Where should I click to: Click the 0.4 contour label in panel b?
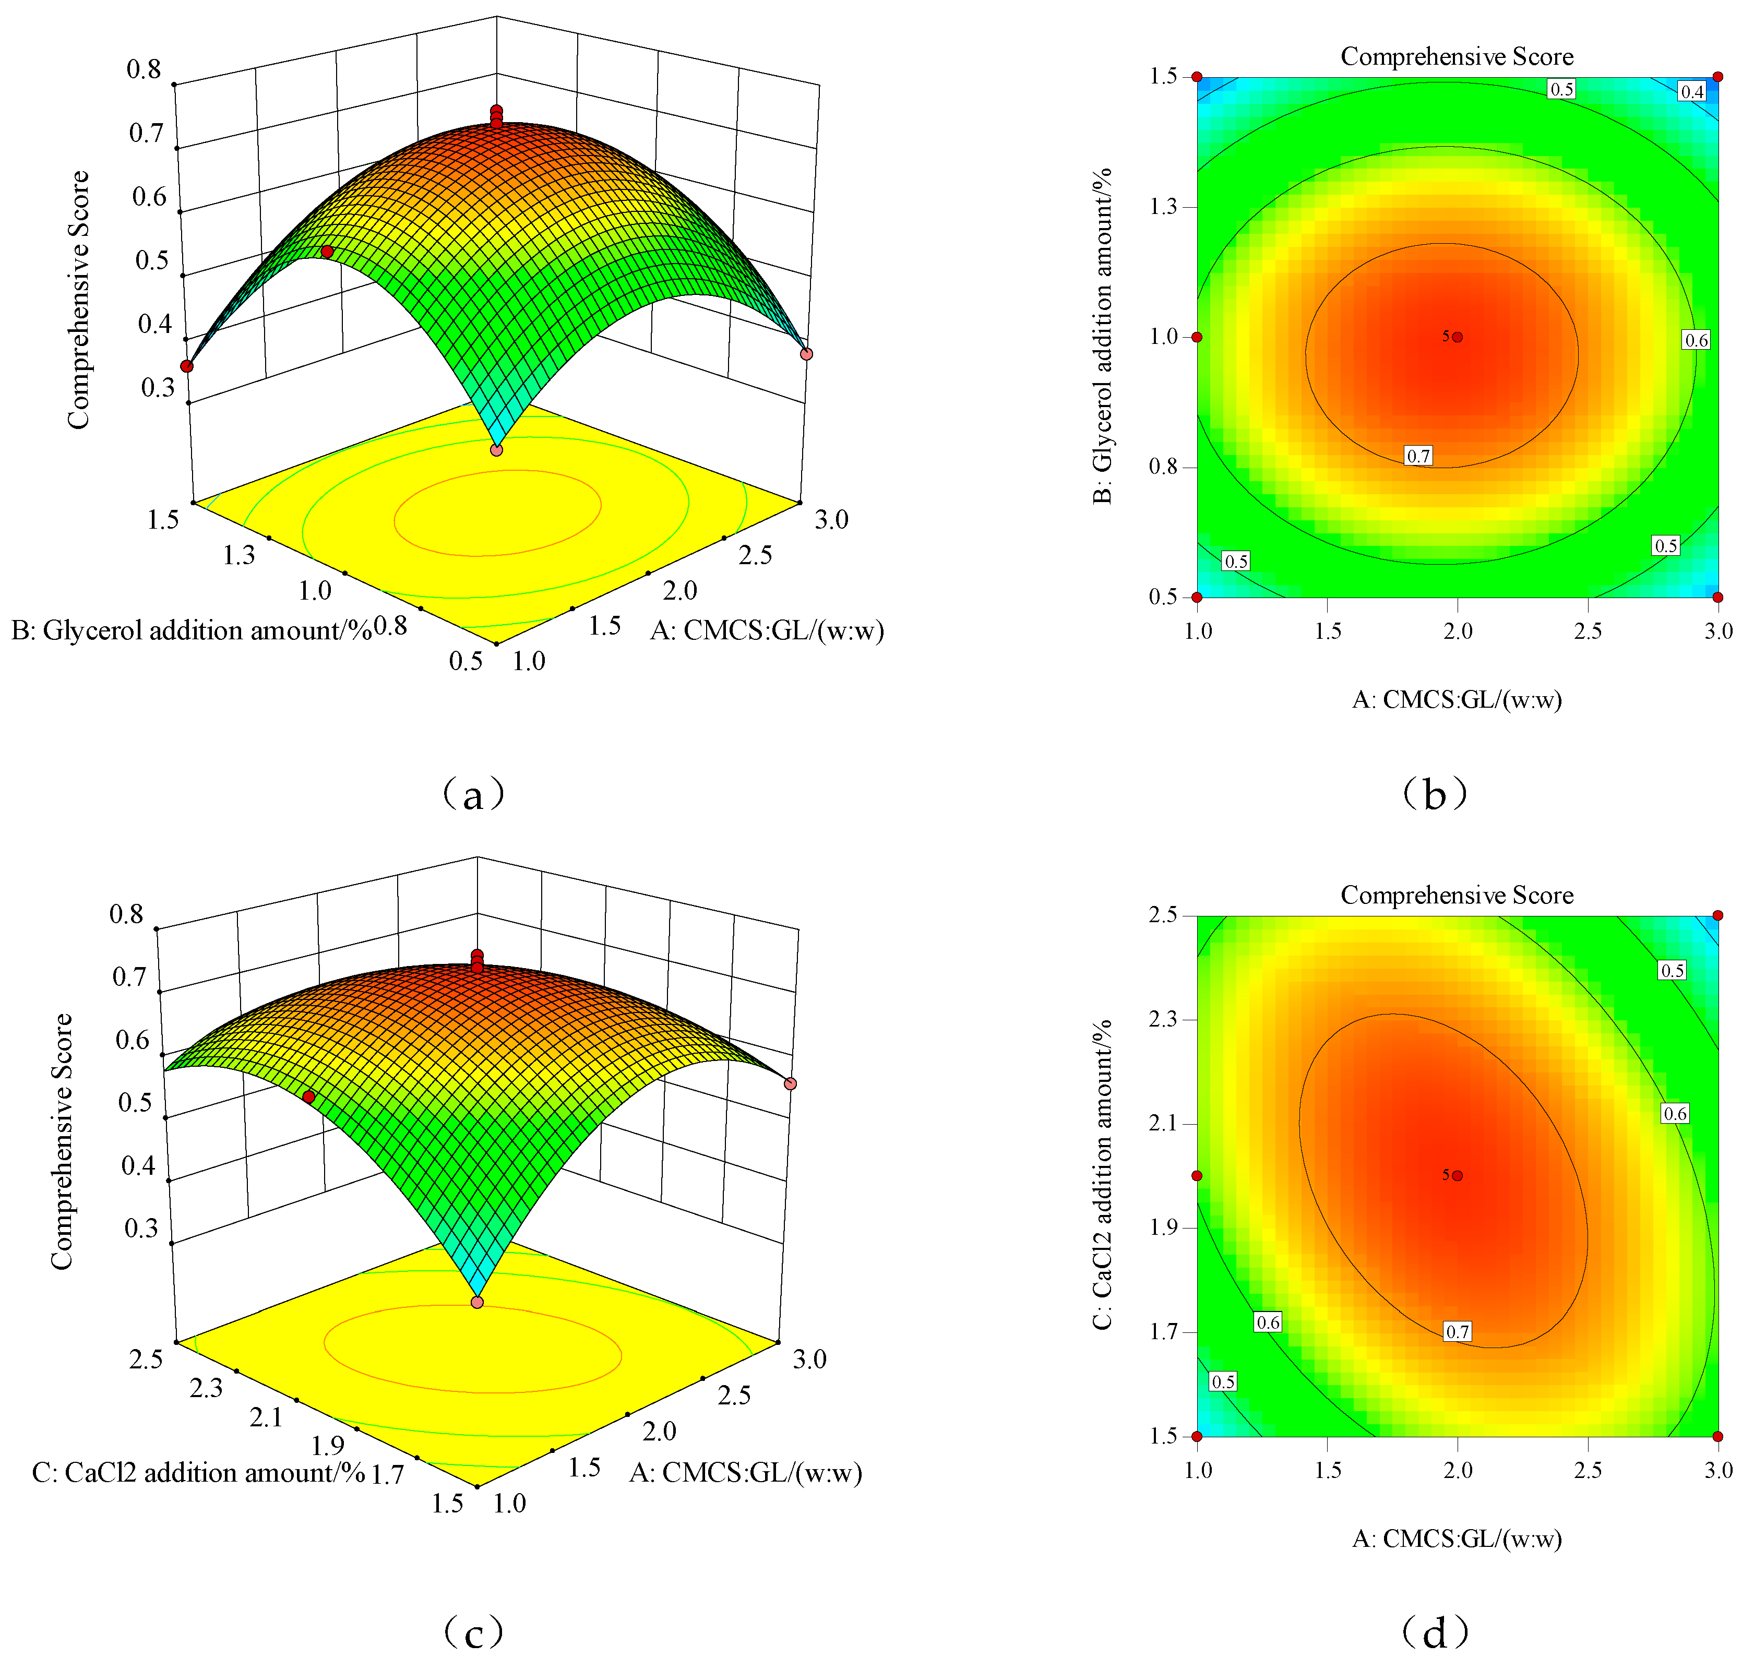[x=1691, y=91]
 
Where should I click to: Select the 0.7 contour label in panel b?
[x=1418, y=456]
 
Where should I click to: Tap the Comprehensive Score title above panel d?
[x=1457, y=895]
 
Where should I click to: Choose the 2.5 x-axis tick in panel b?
[x=1588, y=631]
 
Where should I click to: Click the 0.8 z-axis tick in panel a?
[x=144, y=69]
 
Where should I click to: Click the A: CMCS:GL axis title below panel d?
[x=1457, y=1539]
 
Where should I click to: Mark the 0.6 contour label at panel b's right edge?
[x=1696, y=340]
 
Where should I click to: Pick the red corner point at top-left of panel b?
[x=1197, y=76]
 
